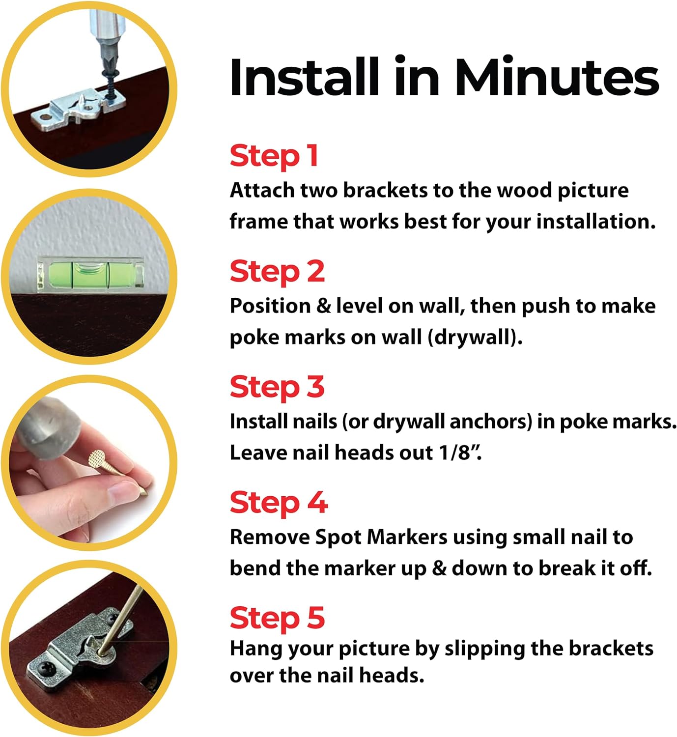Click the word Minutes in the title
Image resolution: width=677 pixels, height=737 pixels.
point(557,77)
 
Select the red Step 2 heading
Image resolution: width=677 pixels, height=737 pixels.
point(278,272)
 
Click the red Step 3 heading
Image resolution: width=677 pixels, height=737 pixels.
point(278,387)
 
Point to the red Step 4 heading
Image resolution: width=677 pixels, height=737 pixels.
point(279,503)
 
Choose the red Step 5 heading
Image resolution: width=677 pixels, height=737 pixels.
point(278,618)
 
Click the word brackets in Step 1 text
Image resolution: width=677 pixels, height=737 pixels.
point(385,190)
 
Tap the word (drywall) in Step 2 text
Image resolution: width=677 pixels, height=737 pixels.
point(475,338)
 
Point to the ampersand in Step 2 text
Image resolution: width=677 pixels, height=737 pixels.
point(323,307)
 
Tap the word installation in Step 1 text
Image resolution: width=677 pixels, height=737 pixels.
point(596,222)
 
